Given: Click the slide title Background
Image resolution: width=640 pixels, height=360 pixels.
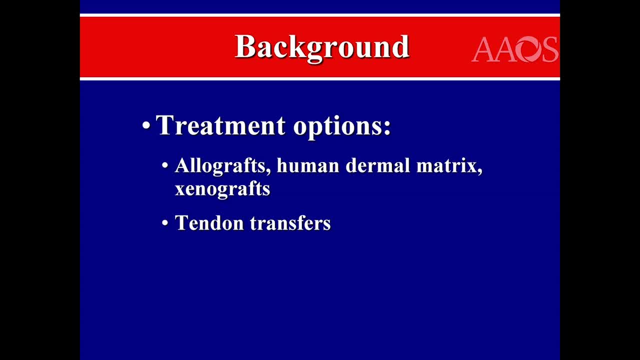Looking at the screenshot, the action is [x=322, y=47].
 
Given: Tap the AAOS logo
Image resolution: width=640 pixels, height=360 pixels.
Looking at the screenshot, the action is [x=515, y=49].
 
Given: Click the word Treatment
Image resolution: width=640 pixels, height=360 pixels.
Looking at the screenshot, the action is [x=220, y=125].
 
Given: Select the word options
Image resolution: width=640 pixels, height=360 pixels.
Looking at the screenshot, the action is [x=338, y=126].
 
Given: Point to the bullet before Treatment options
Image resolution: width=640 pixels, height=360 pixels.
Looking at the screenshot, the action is [x=146, y=125].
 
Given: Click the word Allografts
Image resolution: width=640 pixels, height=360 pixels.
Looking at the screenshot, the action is [x=220, y=165].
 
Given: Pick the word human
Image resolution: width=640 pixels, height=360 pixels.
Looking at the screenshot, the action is [x=308, y=165].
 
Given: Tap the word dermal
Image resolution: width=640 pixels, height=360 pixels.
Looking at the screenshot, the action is [x=378, y=165].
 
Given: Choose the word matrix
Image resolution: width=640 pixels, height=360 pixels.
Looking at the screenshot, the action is [x=446, y=166].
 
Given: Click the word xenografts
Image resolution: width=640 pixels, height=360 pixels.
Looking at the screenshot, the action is [x=222, y=189].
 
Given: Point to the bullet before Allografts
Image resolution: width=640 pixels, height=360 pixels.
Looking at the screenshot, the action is [x=165, y=165].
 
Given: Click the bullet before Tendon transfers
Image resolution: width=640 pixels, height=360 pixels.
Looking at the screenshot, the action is [x=165, y=222].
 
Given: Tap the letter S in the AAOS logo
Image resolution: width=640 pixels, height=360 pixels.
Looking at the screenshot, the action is [x=550, y=49].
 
